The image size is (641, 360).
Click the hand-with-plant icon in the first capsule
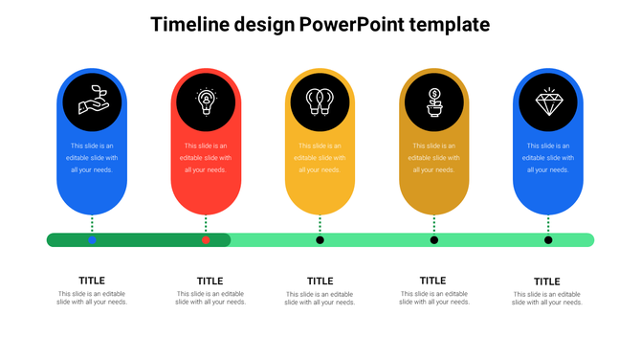pyautogui.click(x=92, y=101)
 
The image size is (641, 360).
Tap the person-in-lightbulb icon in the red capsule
pyautogui.click(x=206, y=101)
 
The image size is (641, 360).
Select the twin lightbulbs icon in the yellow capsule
pyautogui.click(x=320, y=101)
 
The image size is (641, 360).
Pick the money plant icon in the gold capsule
pyautogui.click(x=433, y=101)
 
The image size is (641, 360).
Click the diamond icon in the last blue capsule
pyautogui.click(x=548, y=101)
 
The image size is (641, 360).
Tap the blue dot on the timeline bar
pyautogui.click(x=92, y=239)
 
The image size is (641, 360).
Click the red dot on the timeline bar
pyautogui.click(x=206, y=239)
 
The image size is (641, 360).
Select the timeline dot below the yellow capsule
pyautogui.click(x=320, y=239)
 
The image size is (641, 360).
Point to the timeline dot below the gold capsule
pyautogui.click(x=433, y=239)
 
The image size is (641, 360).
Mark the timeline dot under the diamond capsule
pyautogui.click(x=548, y=239)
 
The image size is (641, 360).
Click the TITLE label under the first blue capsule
pyautogui.click(x=92, y=281)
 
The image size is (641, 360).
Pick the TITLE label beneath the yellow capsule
pyautogui.click(x=320, y=281)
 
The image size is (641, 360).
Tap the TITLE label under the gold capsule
pyautogui.click(x=433, y=281)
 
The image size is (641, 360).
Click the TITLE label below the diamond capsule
pyautogui.click(x=547, y=281)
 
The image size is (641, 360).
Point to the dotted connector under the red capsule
pyautogui.click(x=206, y=223)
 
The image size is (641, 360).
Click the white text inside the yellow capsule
pyautogui.click(x=320, y=158)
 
